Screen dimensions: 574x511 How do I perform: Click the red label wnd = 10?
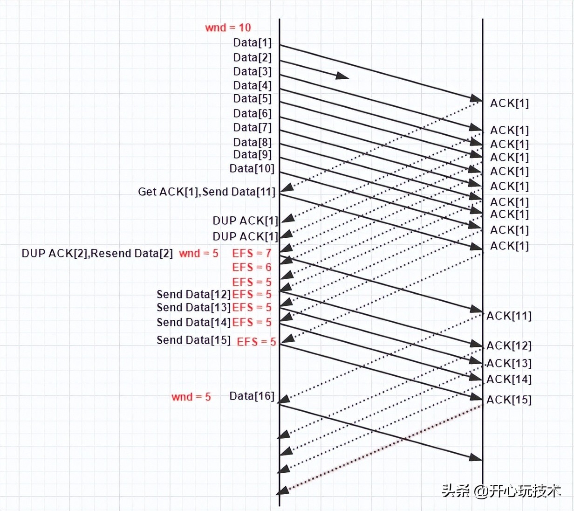[228, 28]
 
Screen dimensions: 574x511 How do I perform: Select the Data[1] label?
[252, 42]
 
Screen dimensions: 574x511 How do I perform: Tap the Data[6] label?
[252, 113]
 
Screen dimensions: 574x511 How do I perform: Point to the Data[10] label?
[252, 168]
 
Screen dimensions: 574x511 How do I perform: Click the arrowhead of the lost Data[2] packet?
[342, 76]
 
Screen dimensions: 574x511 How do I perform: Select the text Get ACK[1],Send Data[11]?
[206, 192]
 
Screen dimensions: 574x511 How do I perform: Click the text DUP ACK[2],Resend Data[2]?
[97, 253]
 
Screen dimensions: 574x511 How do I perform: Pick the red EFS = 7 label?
[252, 253]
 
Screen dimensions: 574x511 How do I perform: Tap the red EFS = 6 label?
[252, 267]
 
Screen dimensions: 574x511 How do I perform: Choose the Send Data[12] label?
[194, 294]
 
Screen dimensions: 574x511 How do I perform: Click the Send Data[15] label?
[194, 340]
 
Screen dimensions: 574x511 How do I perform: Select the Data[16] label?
[252, 396]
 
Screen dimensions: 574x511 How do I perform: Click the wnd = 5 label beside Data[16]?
[191, 397]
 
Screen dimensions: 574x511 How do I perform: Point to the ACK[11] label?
[509, 316]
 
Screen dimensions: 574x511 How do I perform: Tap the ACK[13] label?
[509, 363]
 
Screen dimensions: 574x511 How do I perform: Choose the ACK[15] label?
[509, 400]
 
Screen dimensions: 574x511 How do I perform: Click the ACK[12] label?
[509, 345]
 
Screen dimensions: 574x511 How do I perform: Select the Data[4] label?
[252, 85]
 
